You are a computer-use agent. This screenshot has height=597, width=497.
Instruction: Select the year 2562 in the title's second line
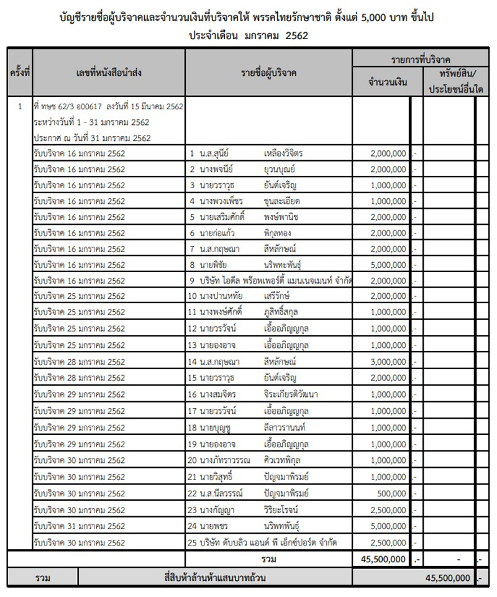(296, 36)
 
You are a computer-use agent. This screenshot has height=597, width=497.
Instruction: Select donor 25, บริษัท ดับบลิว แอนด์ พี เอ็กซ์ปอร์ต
(270, 542)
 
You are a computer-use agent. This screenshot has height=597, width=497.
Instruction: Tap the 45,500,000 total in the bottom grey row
(447, 578)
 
